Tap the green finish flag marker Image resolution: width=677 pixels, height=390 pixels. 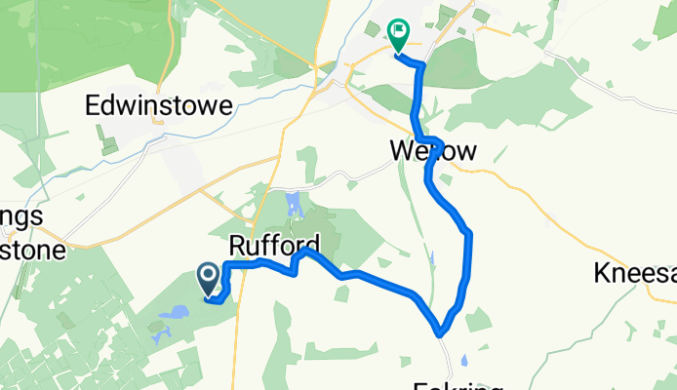(x=399, y=36)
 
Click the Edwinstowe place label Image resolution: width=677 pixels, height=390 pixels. (x=158, y=105)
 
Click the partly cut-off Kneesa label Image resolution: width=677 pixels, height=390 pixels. (x=634, y=273)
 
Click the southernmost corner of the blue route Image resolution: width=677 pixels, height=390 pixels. (x=441, y=332)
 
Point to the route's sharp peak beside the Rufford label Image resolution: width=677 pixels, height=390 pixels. (x=305, y=250)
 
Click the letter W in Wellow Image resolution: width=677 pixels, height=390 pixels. (x=403, y=151)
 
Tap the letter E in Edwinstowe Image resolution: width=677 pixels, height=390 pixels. (x=95, y=105)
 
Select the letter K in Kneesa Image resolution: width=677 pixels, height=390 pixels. (x=601, y=273)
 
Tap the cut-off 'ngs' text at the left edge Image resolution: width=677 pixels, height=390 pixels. (x=21, y=218)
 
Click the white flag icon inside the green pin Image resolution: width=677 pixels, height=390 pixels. (x=399, y=32)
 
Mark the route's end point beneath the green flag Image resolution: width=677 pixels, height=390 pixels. (x=398, y=55)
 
